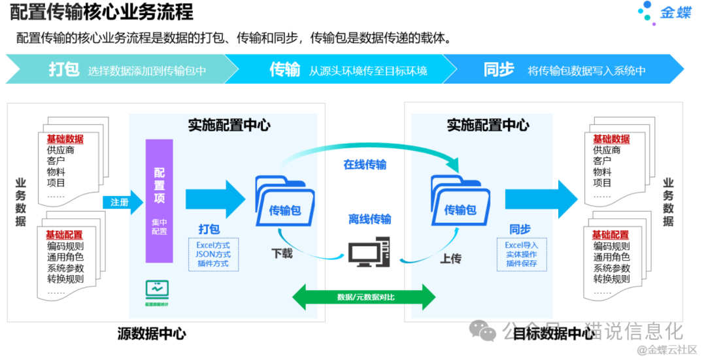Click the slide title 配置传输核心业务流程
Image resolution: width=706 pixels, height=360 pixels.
pos(101,12)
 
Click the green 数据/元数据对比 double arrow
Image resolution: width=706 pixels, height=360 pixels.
pos(363,297)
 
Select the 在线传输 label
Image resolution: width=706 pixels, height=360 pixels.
pos(365,165)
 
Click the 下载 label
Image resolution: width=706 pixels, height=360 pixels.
pos(282,254)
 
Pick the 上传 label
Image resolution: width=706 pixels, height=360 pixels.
pos(450,259)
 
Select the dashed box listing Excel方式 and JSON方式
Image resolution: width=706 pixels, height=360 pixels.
pos(213,255)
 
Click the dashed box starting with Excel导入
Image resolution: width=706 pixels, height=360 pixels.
pos(521,254)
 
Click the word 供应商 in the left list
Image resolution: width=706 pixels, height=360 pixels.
pos(61,150)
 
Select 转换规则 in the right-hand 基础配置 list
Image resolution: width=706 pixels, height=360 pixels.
pos(611,279)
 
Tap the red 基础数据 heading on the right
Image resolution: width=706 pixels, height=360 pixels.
pos(611,139)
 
